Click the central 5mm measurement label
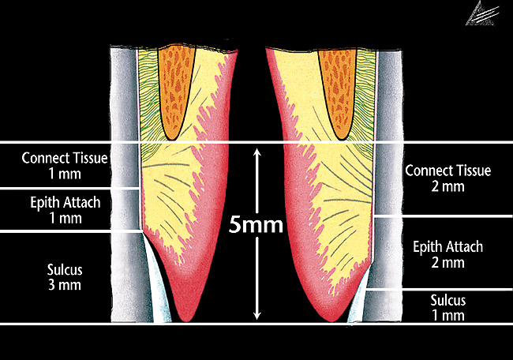click(256, 227)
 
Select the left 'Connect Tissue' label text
click(65, 157)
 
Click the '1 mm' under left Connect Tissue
click(65, 173)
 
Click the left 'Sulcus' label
click(65, 268)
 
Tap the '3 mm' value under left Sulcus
click(65, 284)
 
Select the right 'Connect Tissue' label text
click(447, 171)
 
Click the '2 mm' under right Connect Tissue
click(447, 186)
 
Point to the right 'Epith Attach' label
click(447, 247)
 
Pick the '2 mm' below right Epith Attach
click(447, 263)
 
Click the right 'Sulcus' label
click(447, 300)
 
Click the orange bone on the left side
click(175, 87)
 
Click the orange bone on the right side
click(338, 87)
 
